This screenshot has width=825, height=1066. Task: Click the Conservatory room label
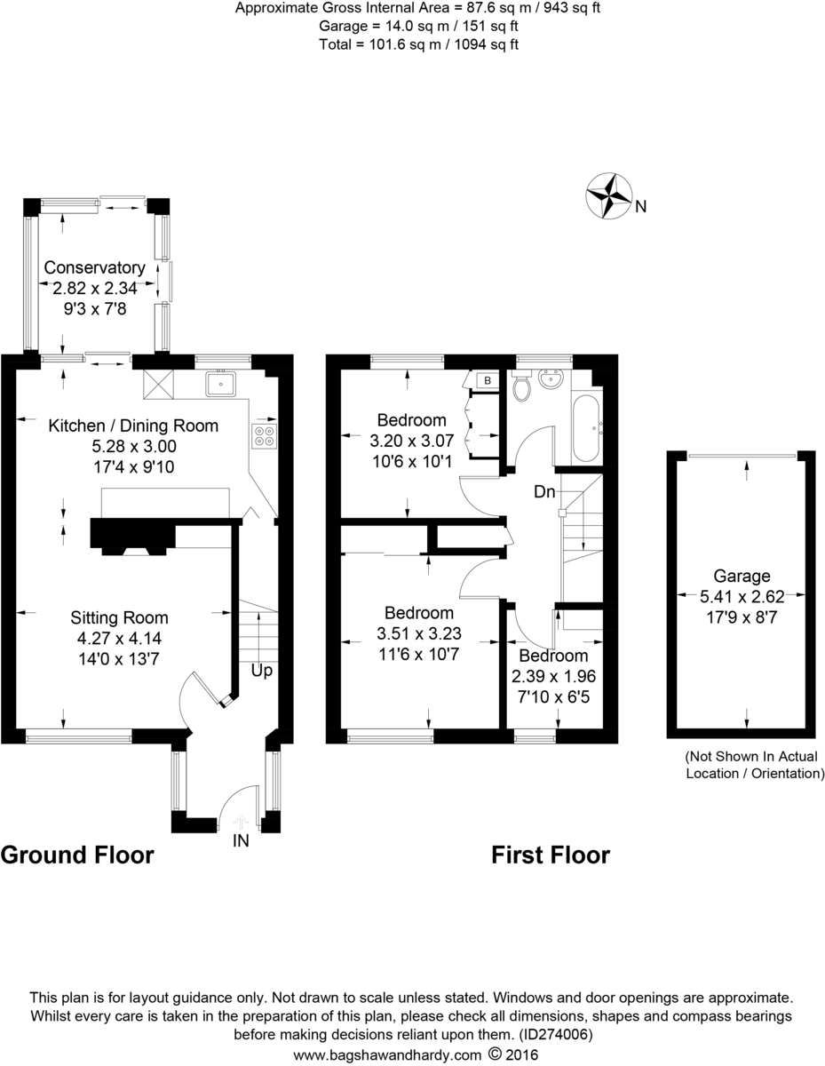click(x=95, y=267)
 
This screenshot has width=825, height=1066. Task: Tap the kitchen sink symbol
click(x=220, y=384)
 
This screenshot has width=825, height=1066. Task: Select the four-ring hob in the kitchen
click(x=265, y=435)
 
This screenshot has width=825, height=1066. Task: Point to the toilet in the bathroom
click(x=521, y=386)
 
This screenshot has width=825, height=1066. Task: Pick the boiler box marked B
click(x=487, y=381)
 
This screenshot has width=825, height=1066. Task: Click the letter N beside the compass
click(x=640, y=208)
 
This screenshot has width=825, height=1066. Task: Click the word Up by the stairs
click(x=261, y=672)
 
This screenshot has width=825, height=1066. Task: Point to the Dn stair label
click(x=545, y=491)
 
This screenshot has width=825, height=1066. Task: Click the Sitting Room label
click(x=120, y=617)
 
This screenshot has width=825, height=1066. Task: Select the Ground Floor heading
click(x=77, y=855)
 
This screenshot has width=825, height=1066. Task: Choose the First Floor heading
click(x=551, y=855)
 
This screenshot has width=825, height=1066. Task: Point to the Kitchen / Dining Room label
click(x=133, y=426)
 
